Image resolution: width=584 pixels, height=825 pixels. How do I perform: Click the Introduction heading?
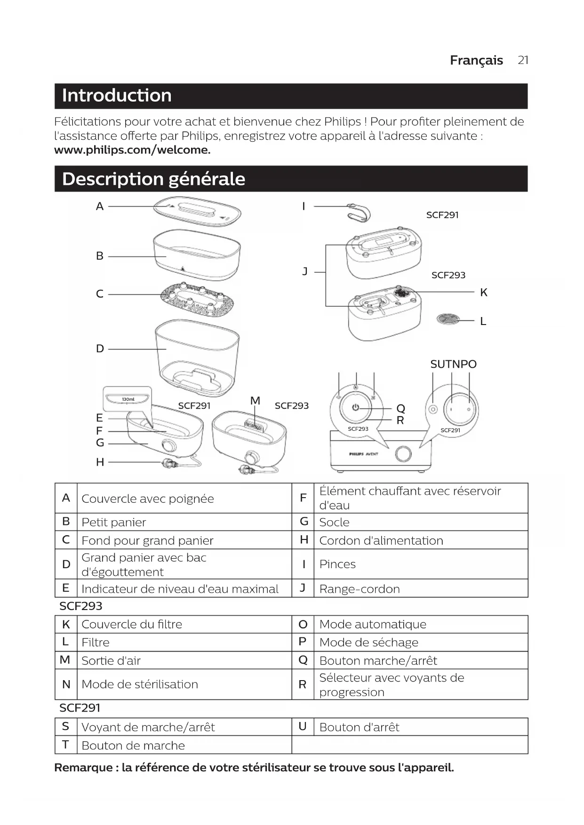point(117,95)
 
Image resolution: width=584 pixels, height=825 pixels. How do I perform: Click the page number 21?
point(523,60)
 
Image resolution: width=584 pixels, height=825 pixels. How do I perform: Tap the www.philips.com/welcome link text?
point(132,150)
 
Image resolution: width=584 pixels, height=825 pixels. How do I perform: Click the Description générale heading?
point(153,179)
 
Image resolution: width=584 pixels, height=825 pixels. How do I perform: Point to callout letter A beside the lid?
point(100,206)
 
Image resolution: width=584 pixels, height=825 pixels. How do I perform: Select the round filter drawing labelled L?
point(448,319)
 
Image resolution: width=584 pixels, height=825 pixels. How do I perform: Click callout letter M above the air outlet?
point(255,401)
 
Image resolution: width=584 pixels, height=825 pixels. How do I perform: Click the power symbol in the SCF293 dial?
point(356,407)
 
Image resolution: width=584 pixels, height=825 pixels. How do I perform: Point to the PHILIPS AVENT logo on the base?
point(364,454)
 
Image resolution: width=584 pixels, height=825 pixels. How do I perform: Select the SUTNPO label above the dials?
point(453,364)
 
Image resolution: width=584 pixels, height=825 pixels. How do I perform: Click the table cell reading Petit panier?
point(114,522)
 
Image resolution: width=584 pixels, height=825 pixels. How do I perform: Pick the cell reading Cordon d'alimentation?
point(381,540)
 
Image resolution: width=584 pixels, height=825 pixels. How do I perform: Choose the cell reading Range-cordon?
point(360,589)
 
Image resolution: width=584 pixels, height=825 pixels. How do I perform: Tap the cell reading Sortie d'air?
point(111,661)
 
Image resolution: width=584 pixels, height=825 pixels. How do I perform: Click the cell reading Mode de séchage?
point(368,643)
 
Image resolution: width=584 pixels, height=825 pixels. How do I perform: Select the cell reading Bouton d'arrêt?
point(359,727)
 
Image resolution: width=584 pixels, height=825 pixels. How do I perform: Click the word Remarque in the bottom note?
point(83,768)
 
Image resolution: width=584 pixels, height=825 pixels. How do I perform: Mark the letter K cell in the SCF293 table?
point(66,625)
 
